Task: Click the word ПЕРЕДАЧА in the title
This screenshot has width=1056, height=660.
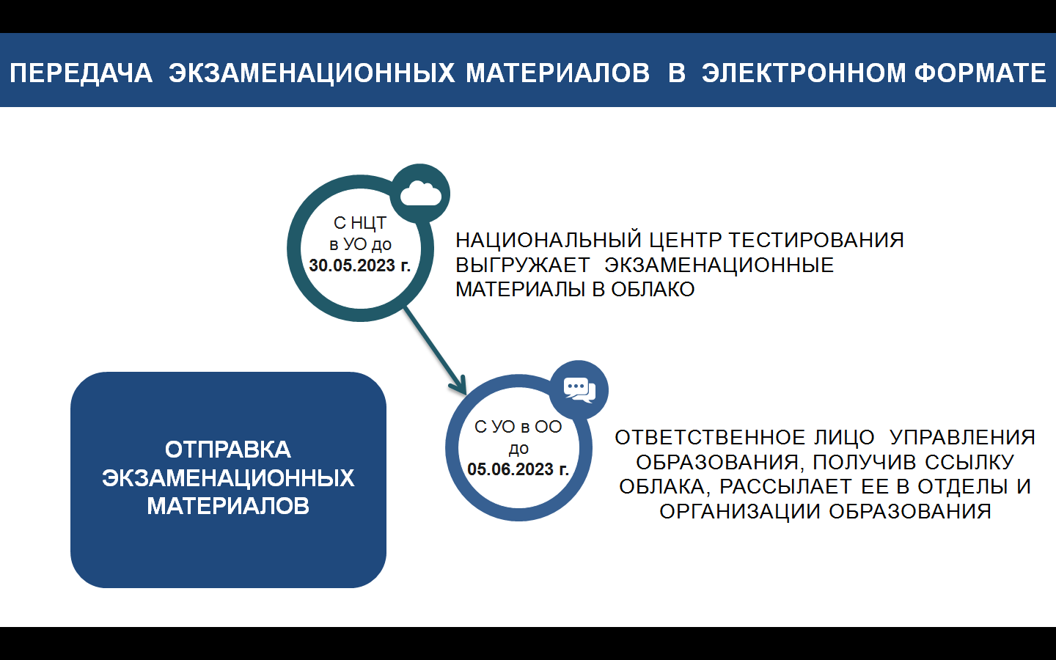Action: click(81, 73)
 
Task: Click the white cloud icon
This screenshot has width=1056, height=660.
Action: click(420, 194)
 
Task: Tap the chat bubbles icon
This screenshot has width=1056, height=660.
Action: click(579, 390)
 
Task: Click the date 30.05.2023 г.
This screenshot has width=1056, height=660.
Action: click(359, 265)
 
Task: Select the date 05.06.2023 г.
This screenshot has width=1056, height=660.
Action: click(518, 469)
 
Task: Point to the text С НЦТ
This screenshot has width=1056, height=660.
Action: click(359, 222)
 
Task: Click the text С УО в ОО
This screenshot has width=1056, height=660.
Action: click(518, 427)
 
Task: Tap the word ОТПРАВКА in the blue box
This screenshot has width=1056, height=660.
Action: click(227, 450)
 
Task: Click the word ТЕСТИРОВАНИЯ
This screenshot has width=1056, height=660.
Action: click(816, 240)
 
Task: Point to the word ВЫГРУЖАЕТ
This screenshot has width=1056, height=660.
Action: click(522, 265)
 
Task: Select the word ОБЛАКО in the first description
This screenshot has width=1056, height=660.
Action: click(653, 290)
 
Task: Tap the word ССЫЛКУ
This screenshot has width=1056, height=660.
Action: click(969, 463)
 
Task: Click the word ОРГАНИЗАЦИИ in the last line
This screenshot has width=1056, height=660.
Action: click(740, 512)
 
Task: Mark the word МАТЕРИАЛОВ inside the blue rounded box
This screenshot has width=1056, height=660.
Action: click(227, 506)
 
